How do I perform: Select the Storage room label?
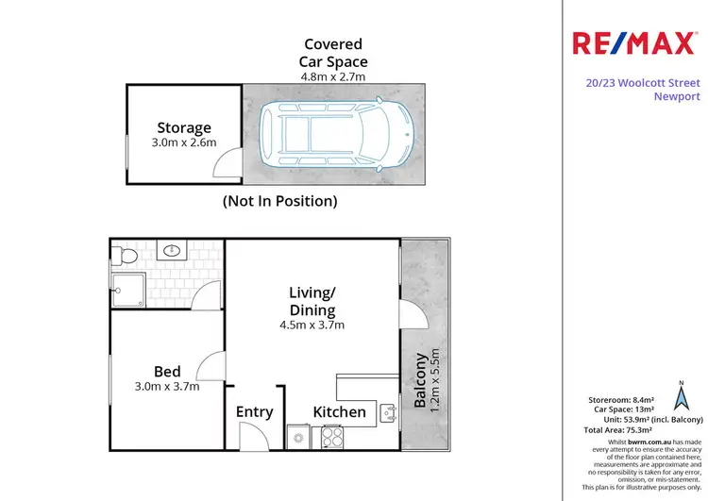coord(185,127)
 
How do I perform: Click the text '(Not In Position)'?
coord(279,201)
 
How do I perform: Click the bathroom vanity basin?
coord(173,251)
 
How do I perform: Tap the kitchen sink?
coord(387,411)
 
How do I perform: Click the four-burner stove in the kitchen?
coord(333,437)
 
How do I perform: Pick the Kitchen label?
coord(339,411)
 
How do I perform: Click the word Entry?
coord(255,411)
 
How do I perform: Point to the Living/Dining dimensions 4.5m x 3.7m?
coord(312,326)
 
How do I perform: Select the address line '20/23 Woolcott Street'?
coord(641,82)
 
